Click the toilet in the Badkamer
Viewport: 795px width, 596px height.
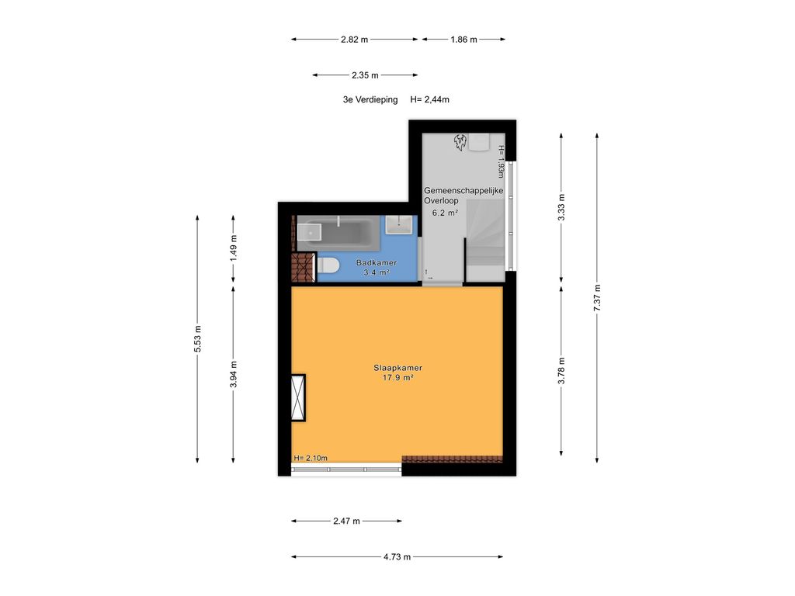pyautogui.click(x=328, y=266)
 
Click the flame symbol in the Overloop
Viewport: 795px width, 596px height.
pyautogui.click(x=459, y=142)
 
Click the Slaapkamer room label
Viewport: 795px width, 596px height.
pyautogui.click(x=397, y=368)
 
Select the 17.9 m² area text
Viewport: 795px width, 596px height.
pyautogui.click(x=397, y=378)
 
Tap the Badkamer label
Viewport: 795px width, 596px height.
pyautogui.click(x=376, y=263)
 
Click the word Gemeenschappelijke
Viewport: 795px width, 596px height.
pyautogui.click(x=463, y=190)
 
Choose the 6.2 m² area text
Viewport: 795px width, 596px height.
pyautogui.click(x=445, y=212)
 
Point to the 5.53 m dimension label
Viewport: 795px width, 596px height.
pyautogui.click(x=197, y=338)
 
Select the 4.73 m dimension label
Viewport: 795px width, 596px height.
pyautogui.click(x=397, y=556)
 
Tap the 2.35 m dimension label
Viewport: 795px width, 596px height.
pyautogui.click(x=364, y=75)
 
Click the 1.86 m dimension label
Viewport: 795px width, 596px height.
pyautogui.click(x=463, y=39)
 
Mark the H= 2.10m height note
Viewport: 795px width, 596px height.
pyautogui.click(x=311, y=458)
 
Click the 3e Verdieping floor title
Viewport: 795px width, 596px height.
pyautogui.click(x=370, y=99)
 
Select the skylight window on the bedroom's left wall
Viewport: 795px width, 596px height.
pyautogui.click(x=297, y=397)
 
